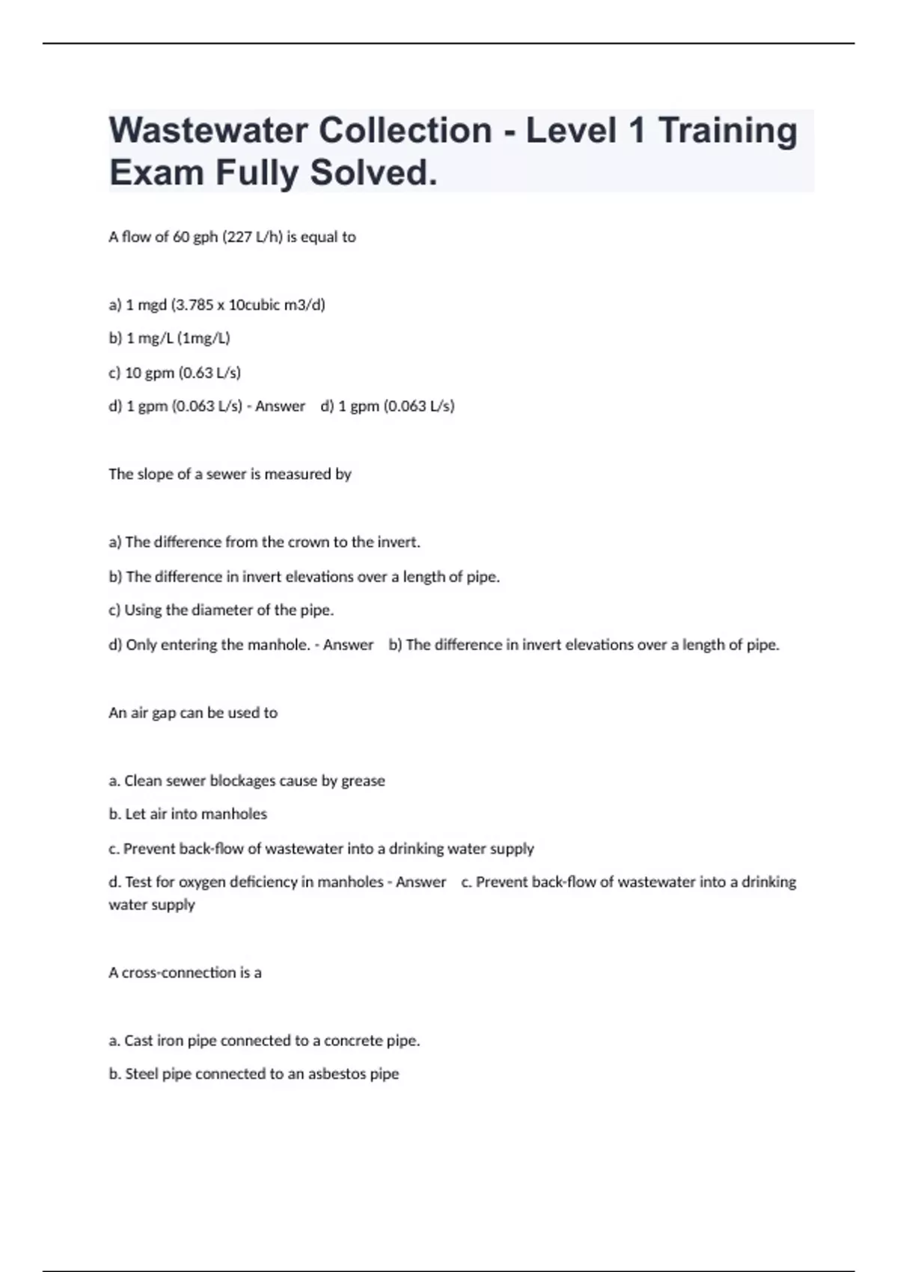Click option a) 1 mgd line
click(x=217, y=305)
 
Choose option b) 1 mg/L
click(x=169, y=338)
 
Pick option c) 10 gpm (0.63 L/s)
click(x=174, y=373)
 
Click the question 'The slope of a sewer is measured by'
click(x=230, y=474)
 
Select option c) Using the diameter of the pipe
click(x=221, y=611)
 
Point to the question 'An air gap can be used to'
click(x=193, y=713)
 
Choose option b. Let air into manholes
click(x=188, y=814)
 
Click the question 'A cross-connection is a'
click(x=185, y=973)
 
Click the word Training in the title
click(x=727, y=131)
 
